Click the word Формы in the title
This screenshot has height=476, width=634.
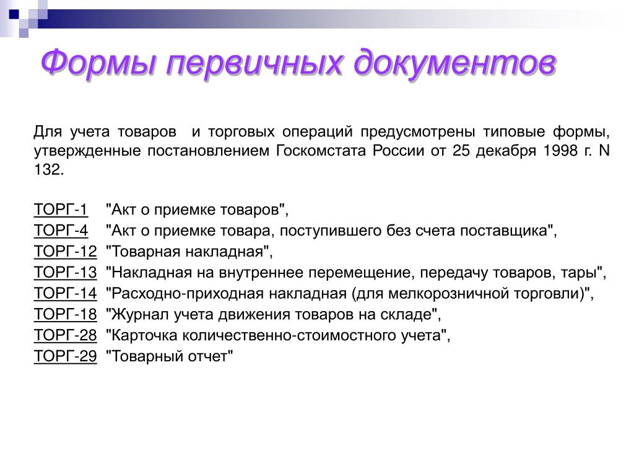98,62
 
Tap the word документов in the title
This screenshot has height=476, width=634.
455,63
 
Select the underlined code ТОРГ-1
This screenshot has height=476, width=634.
61,209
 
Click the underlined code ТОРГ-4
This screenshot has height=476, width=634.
61,231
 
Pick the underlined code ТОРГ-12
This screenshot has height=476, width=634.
66,252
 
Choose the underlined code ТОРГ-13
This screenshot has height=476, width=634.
66,273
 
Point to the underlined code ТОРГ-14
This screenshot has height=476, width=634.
66,293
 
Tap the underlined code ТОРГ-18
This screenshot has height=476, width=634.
66,314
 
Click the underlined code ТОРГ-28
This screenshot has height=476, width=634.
66,335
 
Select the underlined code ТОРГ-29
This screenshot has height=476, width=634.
66,356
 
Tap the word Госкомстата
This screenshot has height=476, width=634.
321,151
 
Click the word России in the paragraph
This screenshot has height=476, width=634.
398,151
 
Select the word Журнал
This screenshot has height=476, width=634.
140,314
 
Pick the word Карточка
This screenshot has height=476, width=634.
144,335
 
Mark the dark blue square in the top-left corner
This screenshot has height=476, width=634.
14,15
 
